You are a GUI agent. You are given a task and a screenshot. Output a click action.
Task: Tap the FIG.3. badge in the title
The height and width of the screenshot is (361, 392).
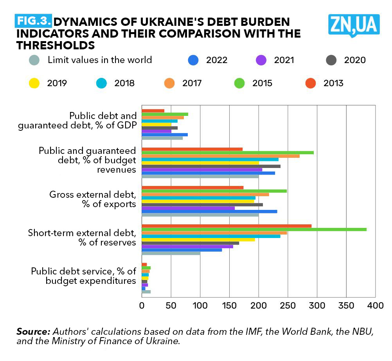(x=33, y=20)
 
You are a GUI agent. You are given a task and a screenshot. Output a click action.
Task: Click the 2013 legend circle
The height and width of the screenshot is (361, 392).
(x=311, y=83)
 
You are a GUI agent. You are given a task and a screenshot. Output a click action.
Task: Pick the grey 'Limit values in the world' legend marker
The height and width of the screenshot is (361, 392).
(x=34, y=60)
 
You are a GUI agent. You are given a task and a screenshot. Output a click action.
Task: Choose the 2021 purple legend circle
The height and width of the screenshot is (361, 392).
(x=261, y=60)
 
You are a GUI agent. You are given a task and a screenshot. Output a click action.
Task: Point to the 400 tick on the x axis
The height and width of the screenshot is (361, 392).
(x=375, y=305)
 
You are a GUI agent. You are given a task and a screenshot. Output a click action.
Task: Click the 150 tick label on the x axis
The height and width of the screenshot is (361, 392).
(x=229, y=305)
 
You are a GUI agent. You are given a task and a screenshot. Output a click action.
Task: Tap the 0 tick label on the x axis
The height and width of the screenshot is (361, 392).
(x=142, y=305)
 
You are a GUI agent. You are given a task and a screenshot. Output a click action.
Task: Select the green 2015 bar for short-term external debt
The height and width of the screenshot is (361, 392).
(x=254, y=229)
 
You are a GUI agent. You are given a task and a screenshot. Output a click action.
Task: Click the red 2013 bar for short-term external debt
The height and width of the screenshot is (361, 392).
(x=227, y=226)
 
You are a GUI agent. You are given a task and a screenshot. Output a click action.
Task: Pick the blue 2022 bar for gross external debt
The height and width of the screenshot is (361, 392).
(x=209, y=211)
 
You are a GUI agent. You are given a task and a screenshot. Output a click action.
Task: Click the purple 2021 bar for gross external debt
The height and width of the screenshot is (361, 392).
(x=188, y=208)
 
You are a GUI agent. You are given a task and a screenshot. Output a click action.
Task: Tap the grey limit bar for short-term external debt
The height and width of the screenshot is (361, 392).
(x=171, y=253)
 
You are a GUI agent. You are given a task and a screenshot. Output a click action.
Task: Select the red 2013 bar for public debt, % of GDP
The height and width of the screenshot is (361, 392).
(x=153, y=111)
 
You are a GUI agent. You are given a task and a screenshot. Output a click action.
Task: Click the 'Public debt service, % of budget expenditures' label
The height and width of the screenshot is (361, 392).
(x=83, y=276)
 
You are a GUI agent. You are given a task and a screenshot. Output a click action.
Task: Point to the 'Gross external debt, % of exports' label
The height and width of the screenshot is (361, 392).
(x=92, y=199)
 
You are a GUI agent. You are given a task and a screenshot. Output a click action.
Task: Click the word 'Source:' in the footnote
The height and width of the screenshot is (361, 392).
(x=33, y=331)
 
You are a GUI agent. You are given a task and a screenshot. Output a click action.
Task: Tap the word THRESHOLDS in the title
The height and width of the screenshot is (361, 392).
(x=56, y=45)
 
